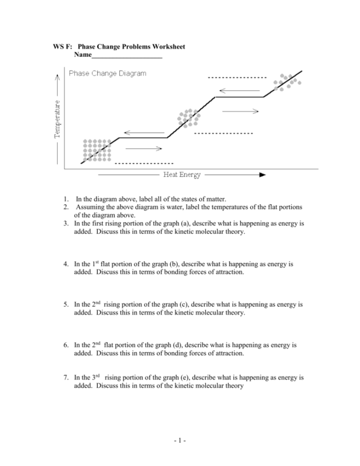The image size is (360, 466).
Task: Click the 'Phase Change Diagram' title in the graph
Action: (107, 73)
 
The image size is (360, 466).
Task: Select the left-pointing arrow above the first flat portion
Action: (144, 133)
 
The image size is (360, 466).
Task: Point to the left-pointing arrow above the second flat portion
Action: (239, 91)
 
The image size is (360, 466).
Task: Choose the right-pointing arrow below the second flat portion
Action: (240, 111)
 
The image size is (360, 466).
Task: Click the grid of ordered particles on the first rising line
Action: (96, 150)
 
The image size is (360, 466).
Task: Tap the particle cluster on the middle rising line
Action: (188, 118)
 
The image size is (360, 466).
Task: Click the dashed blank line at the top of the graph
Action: (237, 78)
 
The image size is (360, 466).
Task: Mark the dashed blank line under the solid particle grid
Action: (144, 163)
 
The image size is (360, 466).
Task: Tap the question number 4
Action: (65, 265)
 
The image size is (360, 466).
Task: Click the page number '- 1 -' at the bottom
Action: (180, 440)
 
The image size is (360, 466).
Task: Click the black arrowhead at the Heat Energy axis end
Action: (262, 175)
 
